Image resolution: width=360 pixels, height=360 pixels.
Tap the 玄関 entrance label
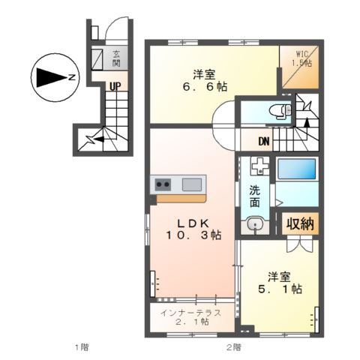point(116,58)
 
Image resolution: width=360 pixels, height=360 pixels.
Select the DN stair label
point(265,141)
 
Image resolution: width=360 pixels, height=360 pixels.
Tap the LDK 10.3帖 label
point(193,229)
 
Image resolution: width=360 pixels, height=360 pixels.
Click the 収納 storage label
point(299,223)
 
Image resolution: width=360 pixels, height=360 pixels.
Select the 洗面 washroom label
point(256,196)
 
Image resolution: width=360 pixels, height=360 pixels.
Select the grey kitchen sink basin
point(193,184)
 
